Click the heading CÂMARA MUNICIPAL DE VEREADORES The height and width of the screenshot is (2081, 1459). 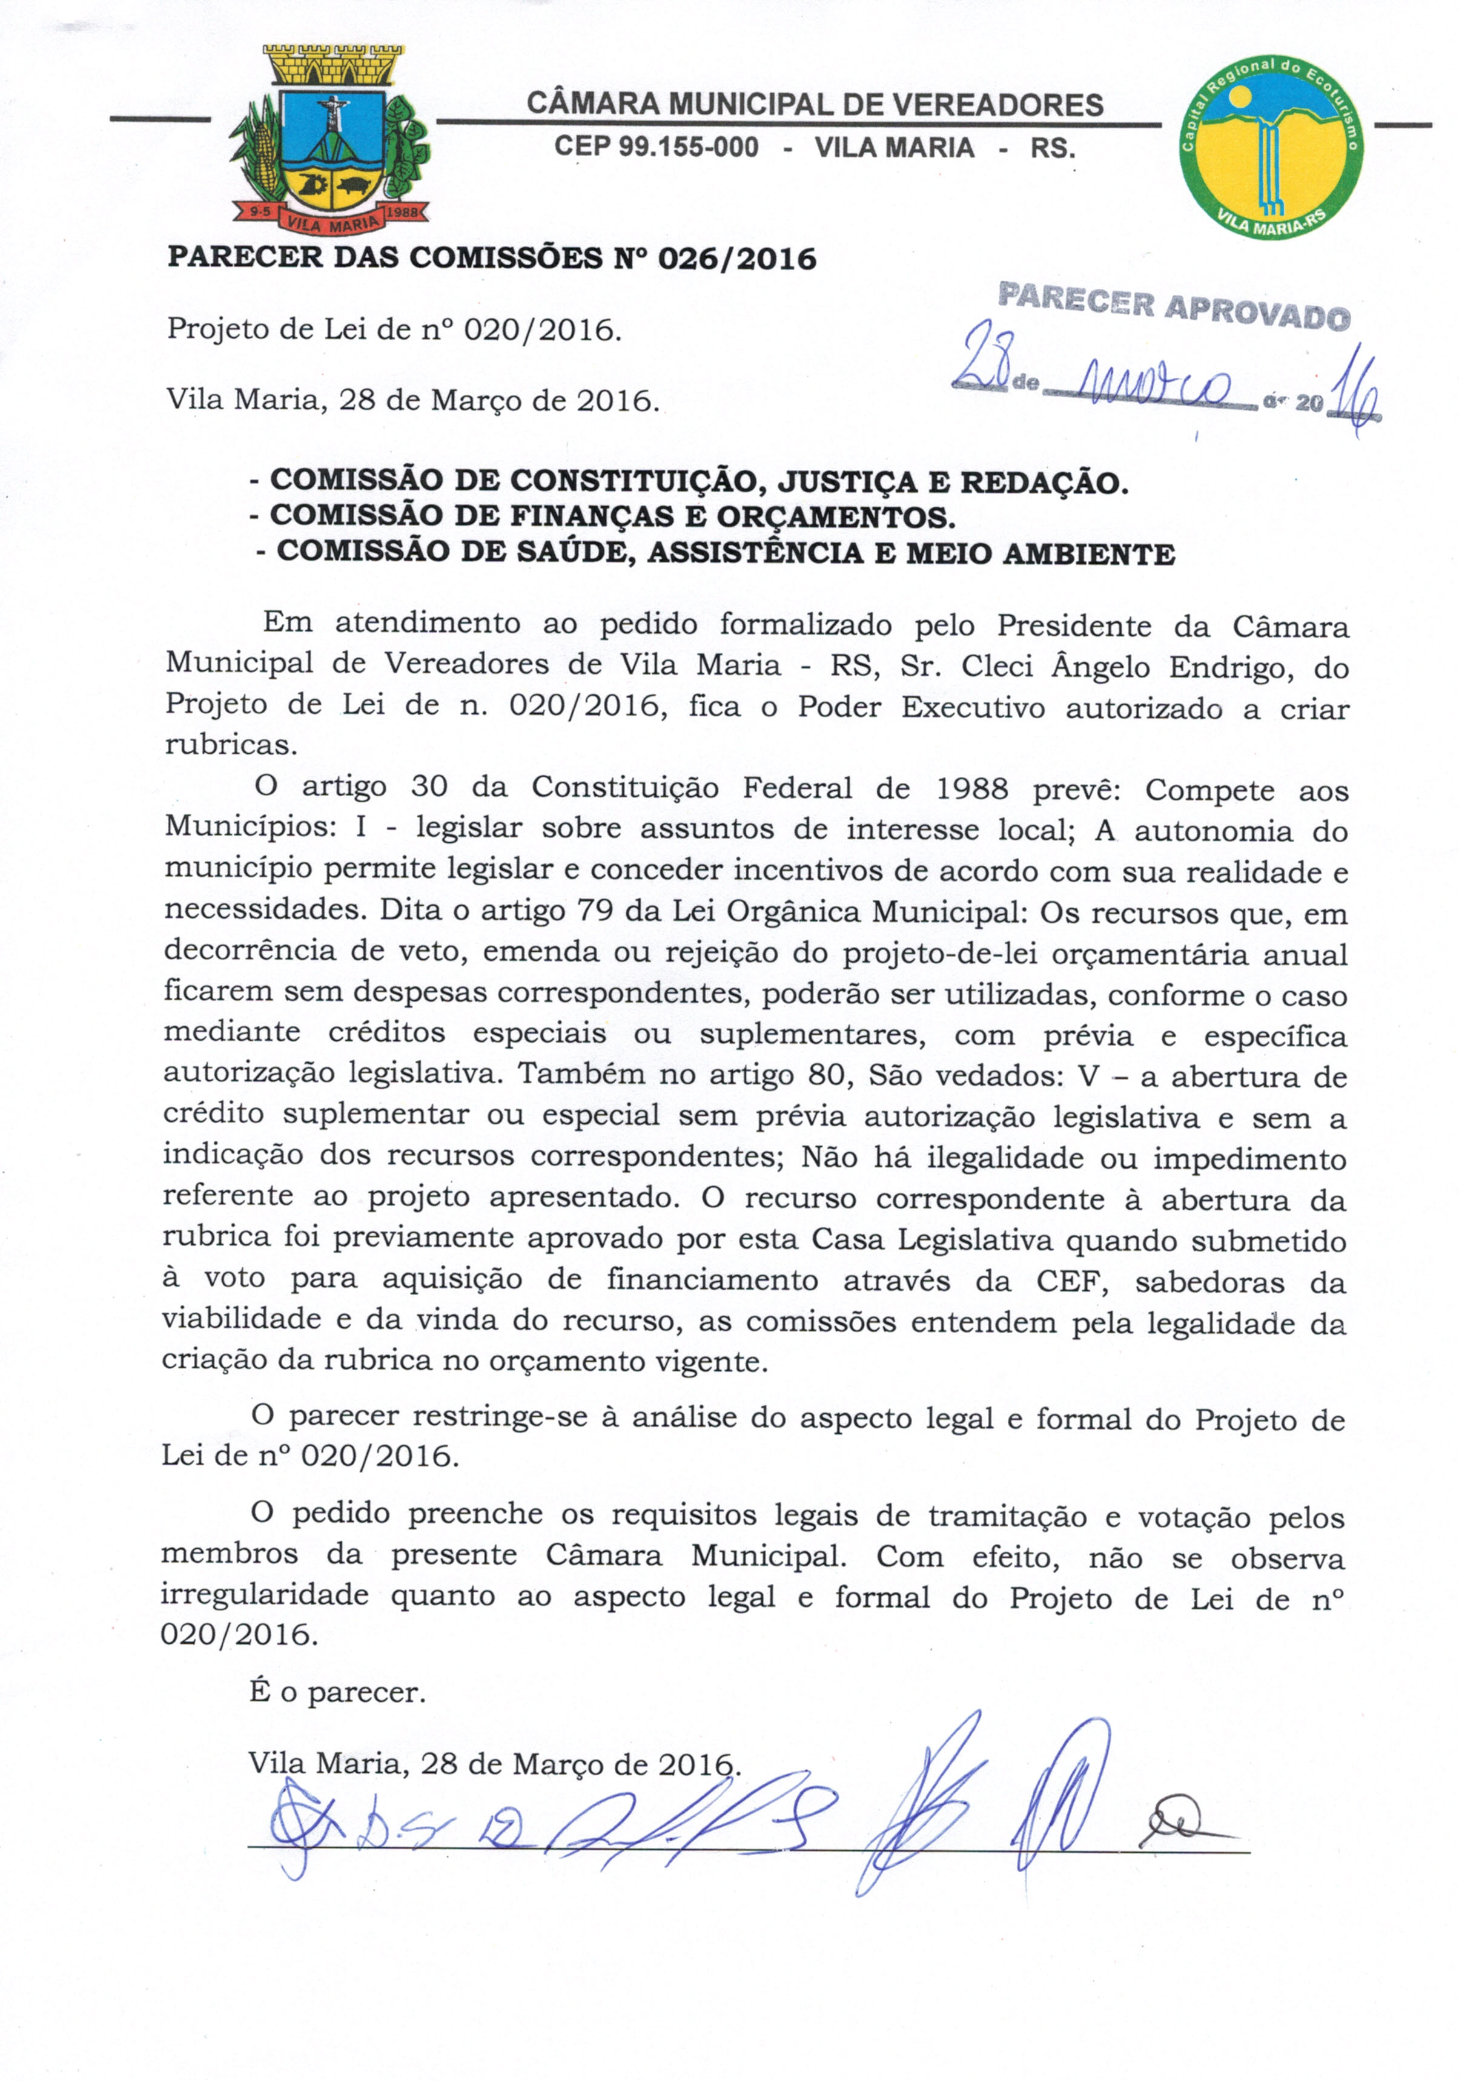tap(814, 105)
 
